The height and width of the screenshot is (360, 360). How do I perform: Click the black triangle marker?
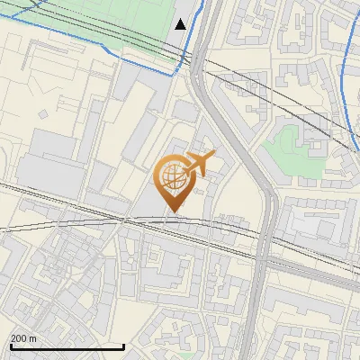coord(181,24)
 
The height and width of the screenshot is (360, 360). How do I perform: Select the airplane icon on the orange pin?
coord(199,164)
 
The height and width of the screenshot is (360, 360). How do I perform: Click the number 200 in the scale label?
coord(19,337)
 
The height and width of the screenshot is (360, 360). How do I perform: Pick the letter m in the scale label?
coord(32,337)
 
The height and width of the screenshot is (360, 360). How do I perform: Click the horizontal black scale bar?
coord(67,346)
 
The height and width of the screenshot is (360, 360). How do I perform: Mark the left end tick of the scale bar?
coord(11,345)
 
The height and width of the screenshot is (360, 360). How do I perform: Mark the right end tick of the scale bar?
coord(123,345)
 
